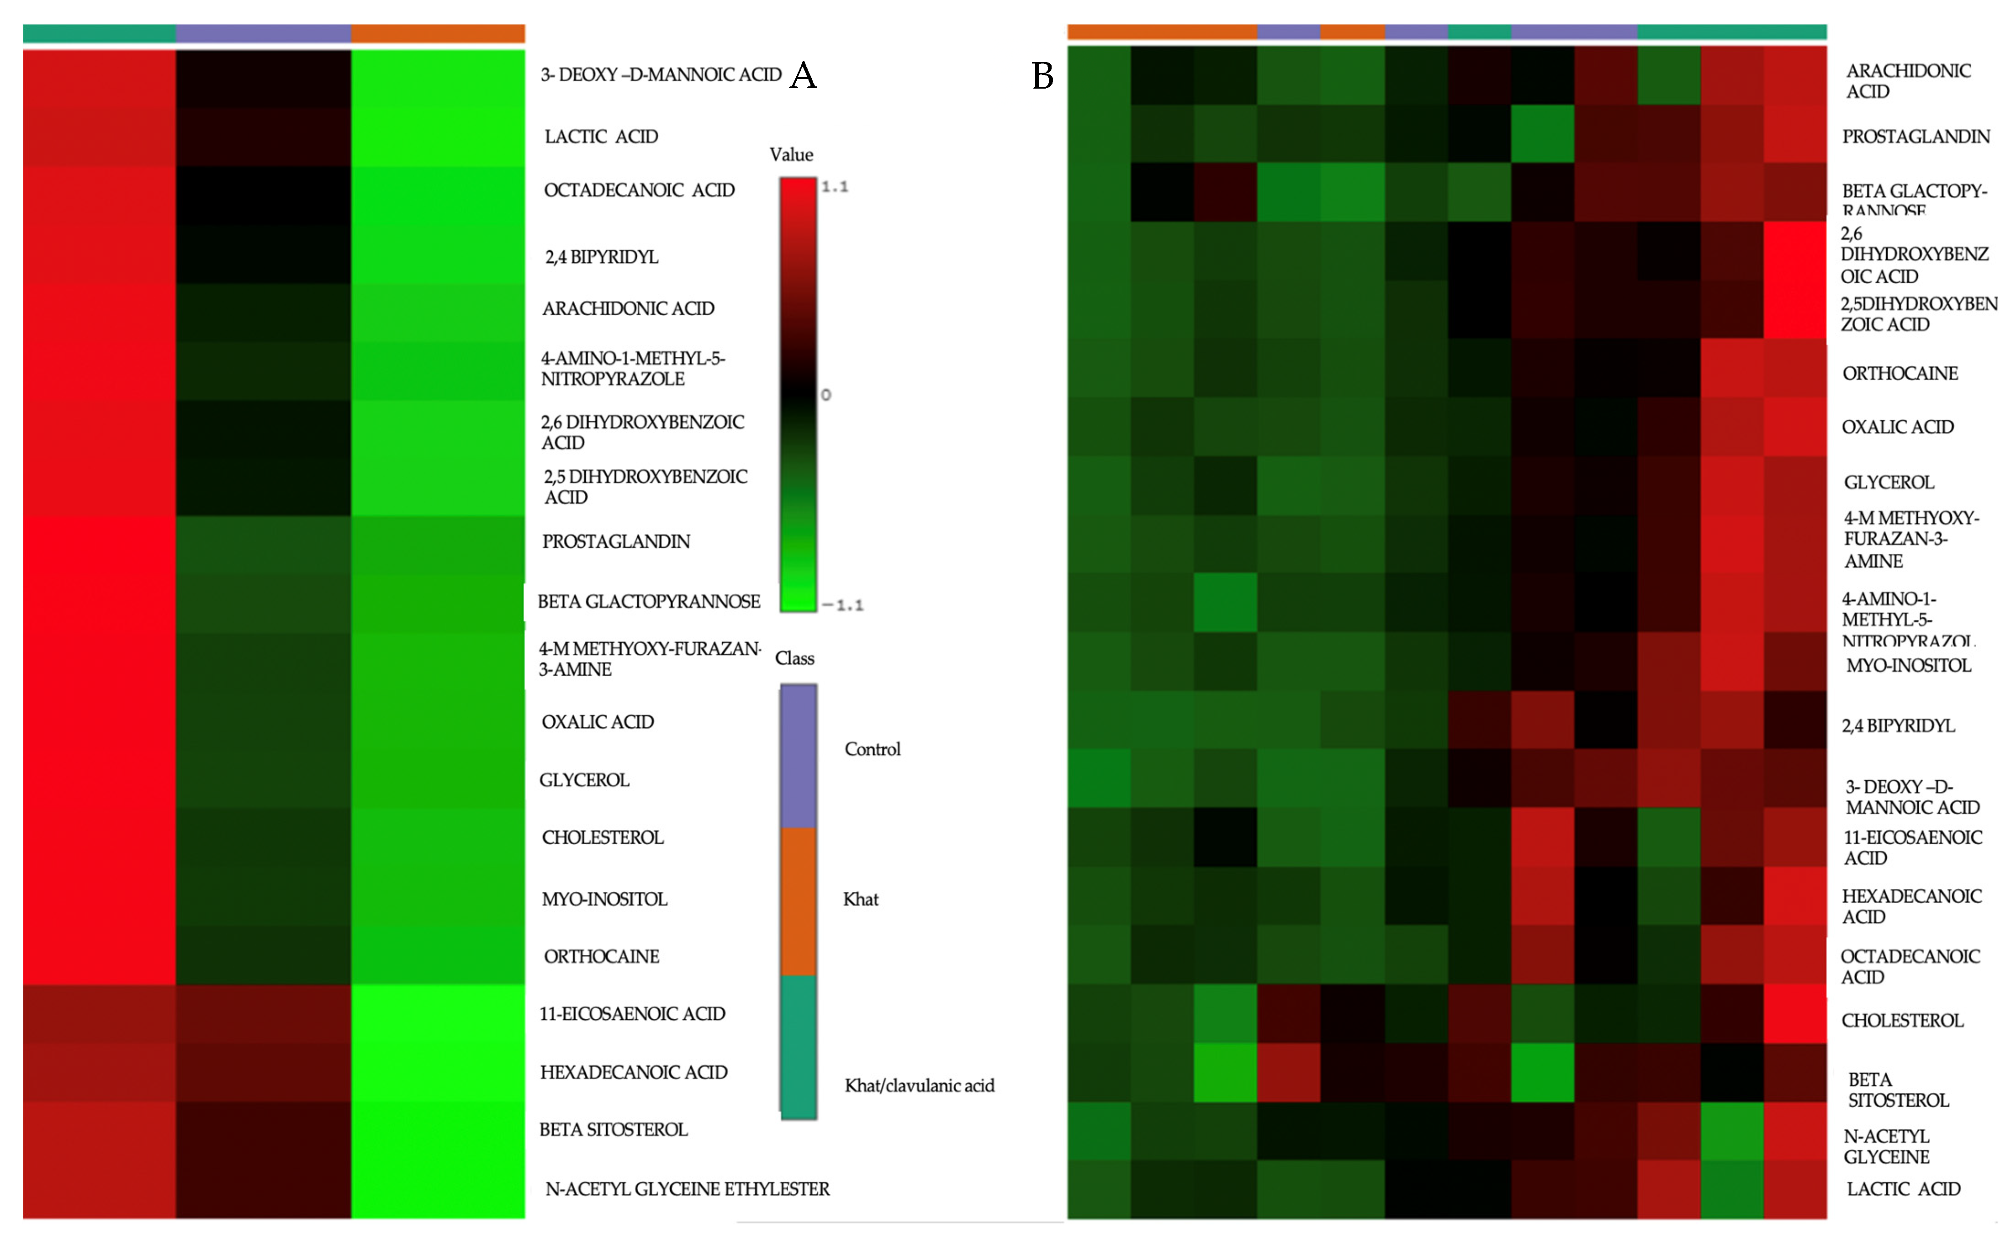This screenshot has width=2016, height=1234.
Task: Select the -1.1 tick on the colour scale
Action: [843, 605]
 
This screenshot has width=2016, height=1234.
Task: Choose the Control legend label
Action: [872, 749]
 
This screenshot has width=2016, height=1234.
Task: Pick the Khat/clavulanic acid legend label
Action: [919, 1085]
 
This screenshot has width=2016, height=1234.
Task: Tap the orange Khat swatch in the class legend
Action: [798, 900]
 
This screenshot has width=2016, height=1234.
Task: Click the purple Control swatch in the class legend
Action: [798, 754]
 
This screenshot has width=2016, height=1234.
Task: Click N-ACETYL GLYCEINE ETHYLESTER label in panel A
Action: [687, 1188]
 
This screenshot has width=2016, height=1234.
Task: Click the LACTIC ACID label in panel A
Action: [601, 137]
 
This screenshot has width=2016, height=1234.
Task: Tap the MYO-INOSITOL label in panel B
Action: [1908, 665]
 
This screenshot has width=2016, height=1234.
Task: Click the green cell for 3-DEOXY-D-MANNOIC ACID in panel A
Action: [438, 78]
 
